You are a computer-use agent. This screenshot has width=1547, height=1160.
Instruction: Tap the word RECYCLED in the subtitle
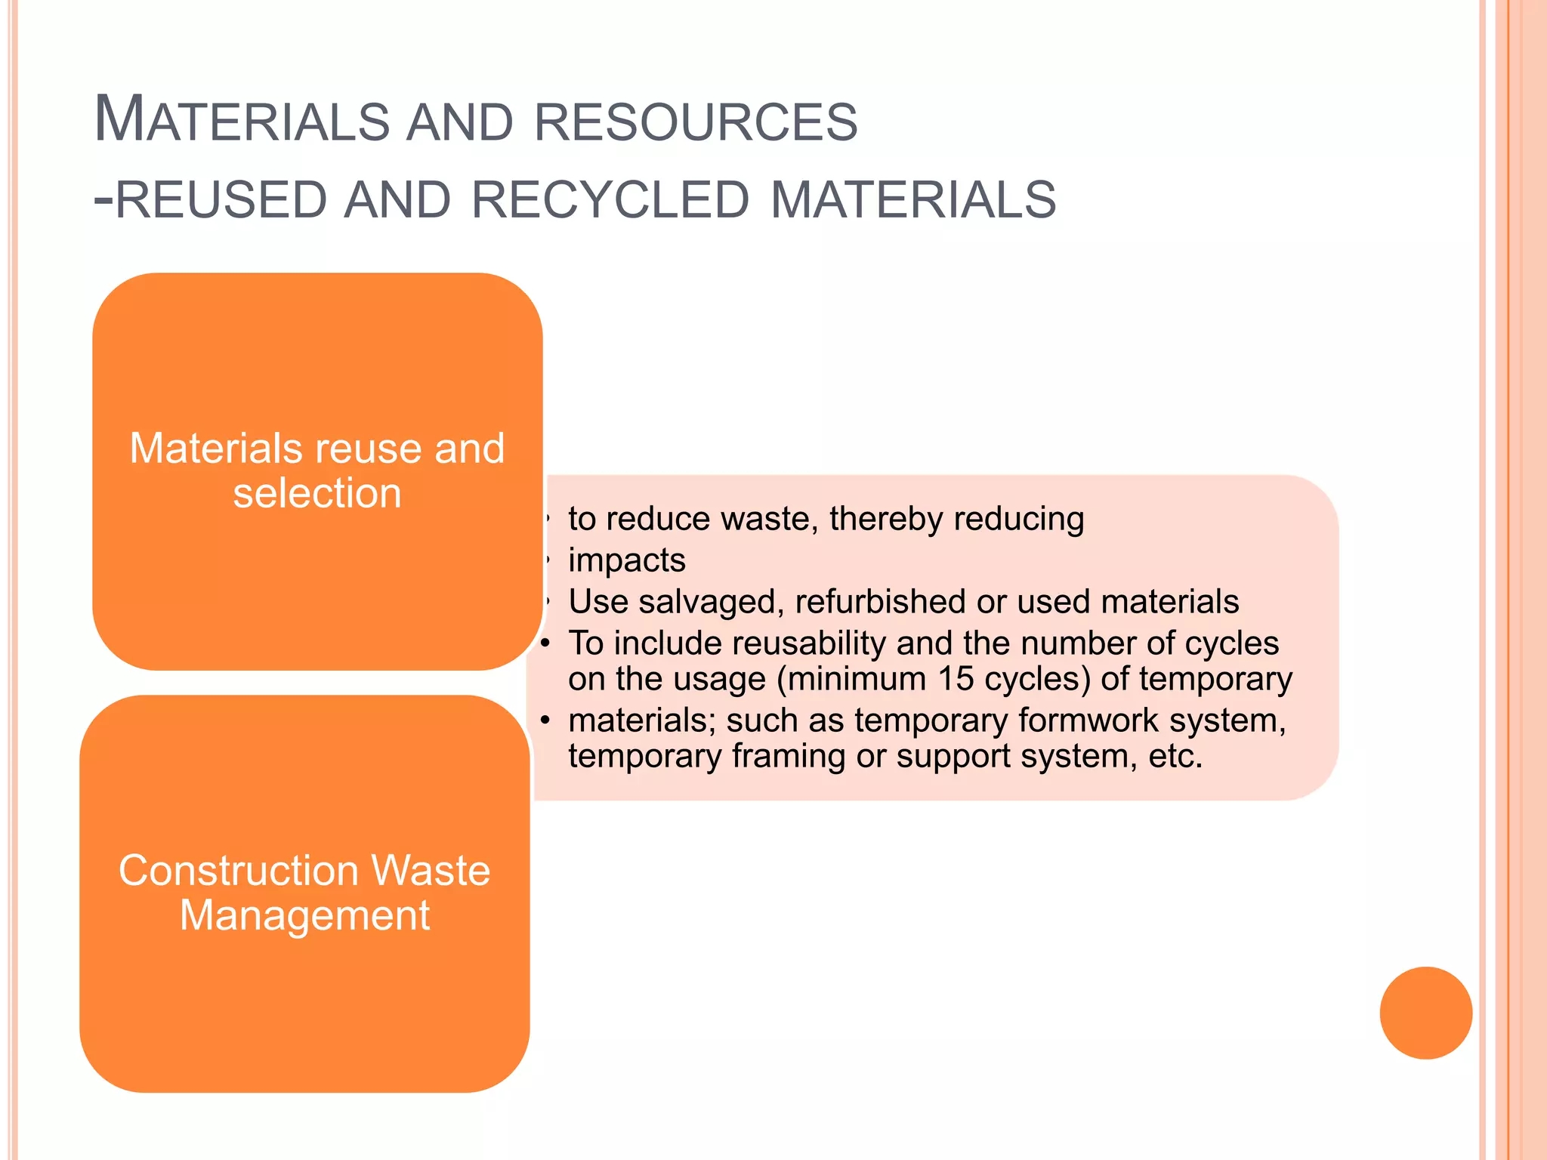tap(610, 200)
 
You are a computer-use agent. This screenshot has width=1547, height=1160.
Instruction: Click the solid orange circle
tap(1425, 1013)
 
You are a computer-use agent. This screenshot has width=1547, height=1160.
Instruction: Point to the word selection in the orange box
tap(317, 494)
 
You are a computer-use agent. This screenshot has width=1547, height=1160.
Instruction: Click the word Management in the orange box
tap(304, 916)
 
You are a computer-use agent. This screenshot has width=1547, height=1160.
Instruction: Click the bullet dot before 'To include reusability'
tap(545, 643)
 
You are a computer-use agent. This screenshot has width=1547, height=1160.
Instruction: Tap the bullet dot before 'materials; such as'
tap(545, 720)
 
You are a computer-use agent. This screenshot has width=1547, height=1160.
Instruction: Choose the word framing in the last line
tap(789, 757)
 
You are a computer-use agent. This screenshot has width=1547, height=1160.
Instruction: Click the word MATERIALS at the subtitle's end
tap(913, 200)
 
